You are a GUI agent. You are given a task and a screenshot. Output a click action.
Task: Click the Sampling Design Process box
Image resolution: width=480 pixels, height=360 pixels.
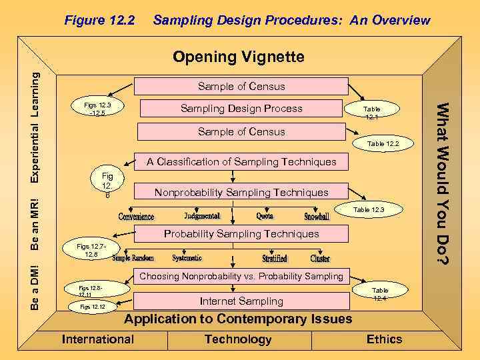point(241,109)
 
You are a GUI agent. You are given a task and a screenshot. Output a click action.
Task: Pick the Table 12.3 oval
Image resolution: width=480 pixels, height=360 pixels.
point(368,210)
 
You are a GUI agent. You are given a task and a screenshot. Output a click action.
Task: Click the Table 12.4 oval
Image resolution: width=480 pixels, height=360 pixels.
point(379,294)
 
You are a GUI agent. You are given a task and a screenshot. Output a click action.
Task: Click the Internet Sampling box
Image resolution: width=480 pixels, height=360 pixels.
point(241,301)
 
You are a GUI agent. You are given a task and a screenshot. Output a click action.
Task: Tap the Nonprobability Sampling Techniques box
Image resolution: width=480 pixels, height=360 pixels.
point(241,193)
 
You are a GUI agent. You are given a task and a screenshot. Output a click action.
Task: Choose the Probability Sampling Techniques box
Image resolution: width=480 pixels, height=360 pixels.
point(241,234)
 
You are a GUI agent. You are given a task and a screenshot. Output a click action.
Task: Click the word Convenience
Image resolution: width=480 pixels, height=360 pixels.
point(137,217)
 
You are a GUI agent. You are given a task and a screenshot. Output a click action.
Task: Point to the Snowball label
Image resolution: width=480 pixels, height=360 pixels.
point(317,217)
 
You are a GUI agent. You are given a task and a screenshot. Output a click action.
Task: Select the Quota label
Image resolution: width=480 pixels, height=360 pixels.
point(265,216)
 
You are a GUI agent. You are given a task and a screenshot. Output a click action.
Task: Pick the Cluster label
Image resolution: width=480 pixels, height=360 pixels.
point(320,259)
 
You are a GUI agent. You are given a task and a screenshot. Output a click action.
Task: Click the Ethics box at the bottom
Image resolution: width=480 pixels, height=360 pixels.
point(384,339)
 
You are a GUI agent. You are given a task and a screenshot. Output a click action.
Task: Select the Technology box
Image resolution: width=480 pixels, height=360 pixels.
point(238,339)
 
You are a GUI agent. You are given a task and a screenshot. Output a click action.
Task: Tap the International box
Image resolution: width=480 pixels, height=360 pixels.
point(98,339)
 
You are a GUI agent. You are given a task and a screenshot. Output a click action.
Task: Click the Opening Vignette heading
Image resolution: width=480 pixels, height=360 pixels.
point(238,57)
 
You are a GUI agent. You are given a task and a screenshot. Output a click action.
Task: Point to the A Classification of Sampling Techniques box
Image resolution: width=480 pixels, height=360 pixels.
point(241,161)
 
